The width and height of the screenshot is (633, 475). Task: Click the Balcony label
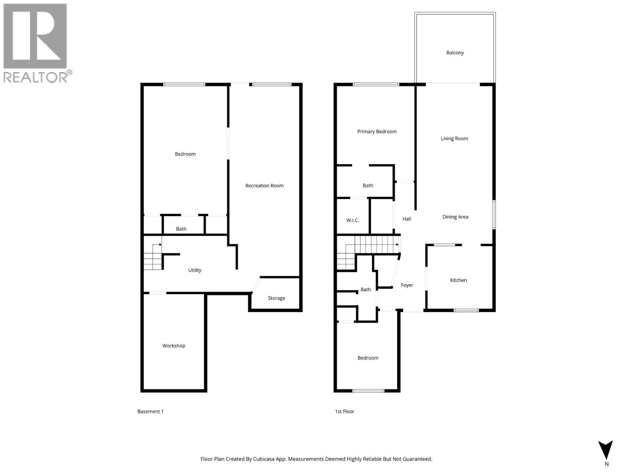click(455, 53)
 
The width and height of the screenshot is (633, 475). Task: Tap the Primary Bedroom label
click(377, 131)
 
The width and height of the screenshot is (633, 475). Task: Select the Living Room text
click(454, 139)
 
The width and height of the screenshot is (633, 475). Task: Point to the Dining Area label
click(455, 217)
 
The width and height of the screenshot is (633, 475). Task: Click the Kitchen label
click(458, 280)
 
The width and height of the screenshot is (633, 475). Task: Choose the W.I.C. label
click(353, 220)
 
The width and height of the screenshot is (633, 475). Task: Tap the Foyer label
click(407, 285)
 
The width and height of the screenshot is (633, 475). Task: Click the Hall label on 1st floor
click(406, 219)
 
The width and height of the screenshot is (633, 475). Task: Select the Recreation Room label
click(264, 186)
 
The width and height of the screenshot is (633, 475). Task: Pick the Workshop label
click(174, 346)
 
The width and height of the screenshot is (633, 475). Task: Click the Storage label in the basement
click(276, 298)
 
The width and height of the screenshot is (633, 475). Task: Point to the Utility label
click(194, 270)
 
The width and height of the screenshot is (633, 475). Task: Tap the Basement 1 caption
click(150, 412)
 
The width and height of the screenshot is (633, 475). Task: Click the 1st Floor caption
click(344, 412)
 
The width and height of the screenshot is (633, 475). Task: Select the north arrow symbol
click(605, 450)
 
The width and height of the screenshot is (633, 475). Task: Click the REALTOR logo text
click(36, 77)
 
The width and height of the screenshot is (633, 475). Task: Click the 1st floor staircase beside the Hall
click(376, 244)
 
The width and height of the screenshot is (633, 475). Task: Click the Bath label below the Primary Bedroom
click(368, 186)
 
